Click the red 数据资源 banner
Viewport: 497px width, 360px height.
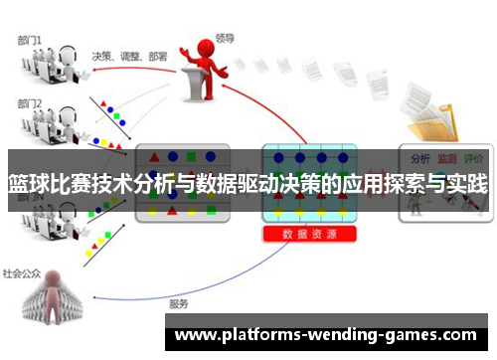[309, 235]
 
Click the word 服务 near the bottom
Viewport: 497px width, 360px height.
[179, 303]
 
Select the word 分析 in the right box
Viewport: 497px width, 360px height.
[419, 158]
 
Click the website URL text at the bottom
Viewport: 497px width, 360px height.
[325, 335]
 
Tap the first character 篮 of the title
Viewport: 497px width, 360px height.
[17, 184]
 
